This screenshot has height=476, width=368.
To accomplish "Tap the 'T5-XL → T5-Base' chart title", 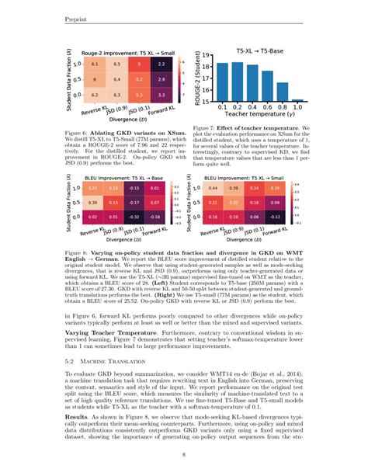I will pyautogui.click(x=259, y=47).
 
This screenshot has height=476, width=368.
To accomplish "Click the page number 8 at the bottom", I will pyautogui.click(x=183, y=457).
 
